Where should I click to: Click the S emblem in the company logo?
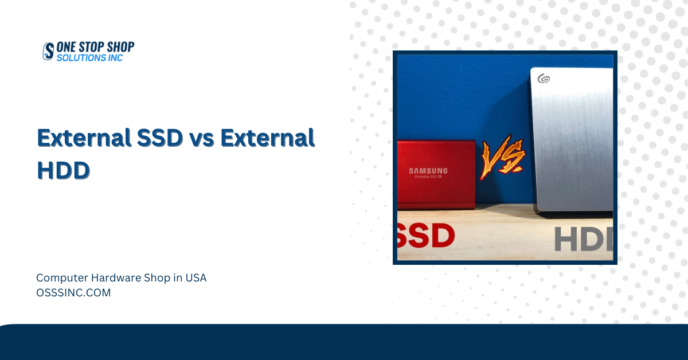point(48,51)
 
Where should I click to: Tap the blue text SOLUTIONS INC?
point(89,58)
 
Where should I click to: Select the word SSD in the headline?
point(160,138)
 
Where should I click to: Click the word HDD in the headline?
point(63,170)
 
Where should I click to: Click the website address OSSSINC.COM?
point(73,293)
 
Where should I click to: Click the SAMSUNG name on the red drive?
point(428,171)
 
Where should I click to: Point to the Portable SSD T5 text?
point(428,177)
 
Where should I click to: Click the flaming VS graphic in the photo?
point(502,157)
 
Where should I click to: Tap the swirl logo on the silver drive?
point(544,79)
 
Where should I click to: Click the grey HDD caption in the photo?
point(584,239)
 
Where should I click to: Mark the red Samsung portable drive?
point(436,175)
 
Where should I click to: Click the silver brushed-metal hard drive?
point(572,140)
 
